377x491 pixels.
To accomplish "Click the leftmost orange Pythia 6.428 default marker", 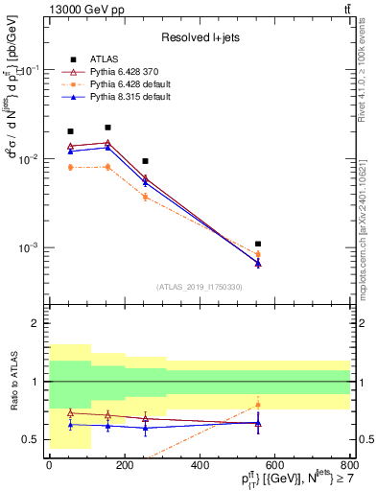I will pos(70,167).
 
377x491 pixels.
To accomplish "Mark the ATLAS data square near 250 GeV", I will pos(145,161).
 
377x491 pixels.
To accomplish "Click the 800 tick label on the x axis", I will pos(350,465).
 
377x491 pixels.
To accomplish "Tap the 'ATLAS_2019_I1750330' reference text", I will pos(200,287).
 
